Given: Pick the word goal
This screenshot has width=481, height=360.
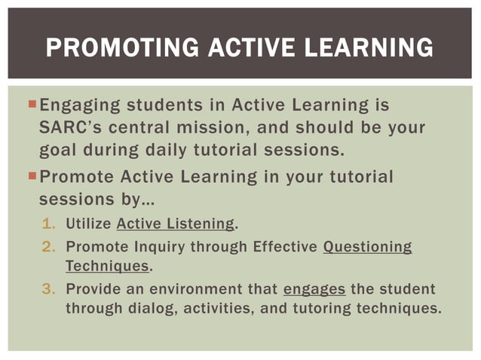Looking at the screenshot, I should [x=58, y=149].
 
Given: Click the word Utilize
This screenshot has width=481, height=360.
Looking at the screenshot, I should [x=89, y=224].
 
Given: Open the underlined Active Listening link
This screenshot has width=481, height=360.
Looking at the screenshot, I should [x=176, y=224].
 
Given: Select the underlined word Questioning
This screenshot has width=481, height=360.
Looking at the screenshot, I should [x=367, y=246].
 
